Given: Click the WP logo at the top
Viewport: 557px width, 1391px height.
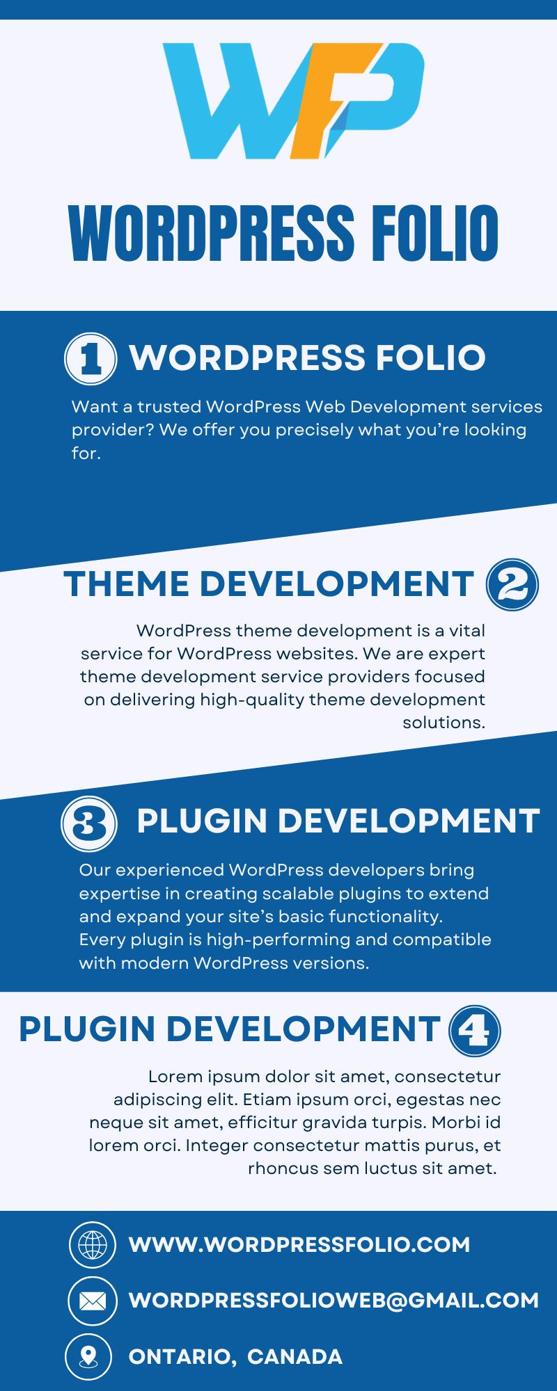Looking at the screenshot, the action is [292, 101].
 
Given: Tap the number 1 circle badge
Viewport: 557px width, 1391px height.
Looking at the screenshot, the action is [91, 359].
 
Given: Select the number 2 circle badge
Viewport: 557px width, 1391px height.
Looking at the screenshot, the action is [512, 585].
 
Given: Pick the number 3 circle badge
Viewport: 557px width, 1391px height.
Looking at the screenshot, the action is [89, 825].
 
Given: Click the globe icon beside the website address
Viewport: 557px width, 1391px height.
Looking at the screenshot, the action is [93, 1244].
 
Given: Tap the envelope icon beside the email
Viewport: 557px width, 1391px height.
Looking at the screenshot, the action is [93, 1301].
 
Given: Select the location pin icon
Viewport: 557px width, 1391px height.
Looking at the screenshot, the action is [88, 1356].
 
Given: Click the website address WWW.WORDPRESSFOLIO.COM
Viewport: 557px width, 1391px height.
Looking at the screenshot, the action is [299, 1244].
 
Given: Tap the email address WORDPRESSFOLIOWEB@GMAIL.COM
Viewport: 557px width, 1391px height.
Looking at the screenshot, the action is [334, 1301].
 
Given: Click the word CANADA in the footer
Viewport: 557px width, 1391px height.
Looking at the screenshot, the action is [295, 1357].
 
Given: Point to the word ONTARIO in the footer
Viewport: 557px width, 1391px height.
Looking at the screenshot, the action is [182, 1357].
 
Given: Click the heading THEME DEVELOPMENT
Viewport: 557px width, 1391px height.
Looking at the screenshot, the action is [269, 584].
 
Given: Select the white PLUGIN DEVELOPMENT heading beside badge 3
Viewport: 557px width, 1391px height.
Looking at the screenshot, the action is [338, 821].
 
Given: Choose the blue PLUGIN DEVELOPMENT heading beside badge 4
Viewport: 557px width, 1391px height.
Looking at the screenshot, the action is [230, 1029].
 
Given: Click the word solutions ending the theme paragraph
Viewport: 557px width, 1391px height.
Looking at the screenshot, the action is [444, 723].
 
